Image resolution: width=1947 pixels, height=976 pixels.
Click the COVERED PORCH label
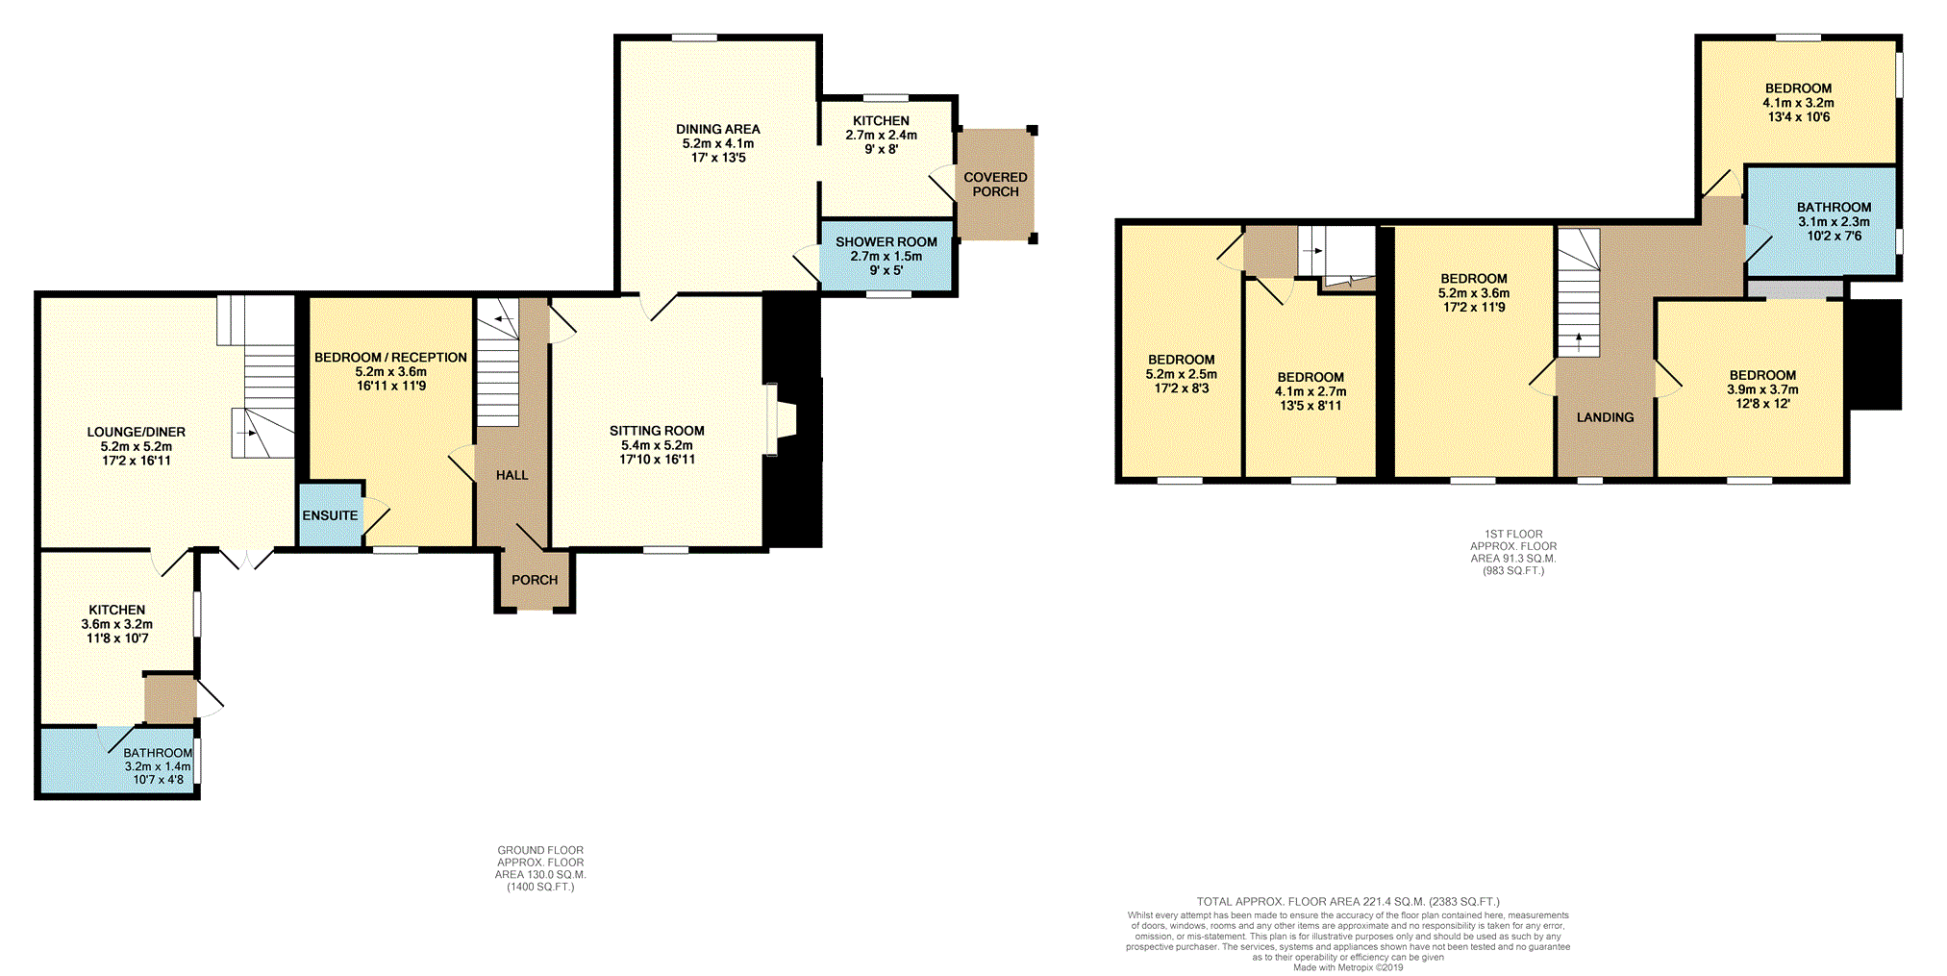click(995, 184)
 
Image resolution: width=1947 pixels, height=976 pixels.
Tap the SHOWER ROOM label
click(886, 241)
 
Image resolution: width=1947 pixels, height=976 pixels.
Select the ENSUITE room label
click(330, 515)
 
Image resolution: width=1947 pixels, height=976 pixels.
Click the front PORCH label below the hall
click(535, 580)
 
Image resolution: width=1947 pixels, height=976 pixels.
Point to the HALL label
click(512, 475)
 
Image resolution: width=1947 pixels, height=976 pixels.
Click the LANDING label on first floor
click(1605, 417)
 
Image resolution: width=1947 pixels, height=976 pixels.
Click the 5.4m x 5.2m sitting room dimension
click(657, 445)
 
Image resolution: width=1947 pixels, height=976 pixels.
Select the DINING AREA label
click(717, 129)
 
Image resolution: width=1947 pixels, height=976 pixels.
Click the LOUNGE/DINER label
click(137, 432)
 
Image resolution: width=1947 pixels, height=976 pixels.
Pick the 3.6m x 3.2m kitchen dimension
click(117, 624)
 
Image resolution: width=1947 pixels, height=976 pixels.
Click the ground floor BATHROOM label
click(158, 753)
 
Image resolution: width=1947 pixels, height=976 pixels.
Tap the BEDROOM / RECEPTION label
click(390, 357)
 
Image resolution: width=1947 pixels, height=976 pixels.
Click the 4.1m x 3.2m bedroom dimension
click(1798, 103)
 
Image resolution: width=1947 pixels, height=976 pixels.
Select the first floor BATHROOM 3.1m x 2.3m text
click(1834, 221)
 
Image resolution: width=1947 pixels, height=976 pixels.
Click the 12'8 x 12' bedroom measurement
click(1762, 404)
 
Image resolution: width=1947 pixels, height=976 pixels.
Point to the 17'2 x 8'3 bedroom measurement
click(1181, 388)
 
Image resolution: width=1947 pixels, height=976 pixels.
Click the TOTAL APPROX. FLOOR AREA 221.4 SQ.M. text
click(1347, 902)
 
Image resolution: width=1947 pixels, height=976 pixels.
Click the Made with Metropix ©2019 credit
click(1347, 967)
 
